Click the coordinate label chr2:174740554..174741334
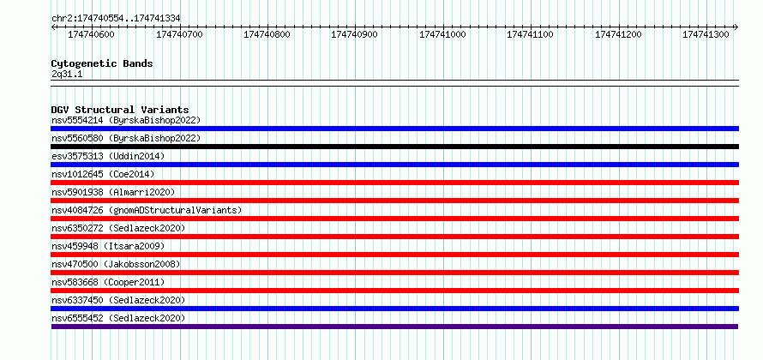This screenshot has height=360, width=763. point(116,19)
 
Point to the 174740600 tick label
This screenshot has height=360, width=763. point(91,34)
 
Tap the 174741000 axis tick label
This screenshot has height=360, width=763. point(442,34)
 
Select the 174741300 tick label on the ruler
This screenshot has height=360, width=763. point(706,34)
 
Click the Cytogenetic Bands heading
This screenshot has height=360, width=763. point(102,63)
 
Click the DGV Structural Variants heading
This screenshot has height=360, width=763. point(120,110)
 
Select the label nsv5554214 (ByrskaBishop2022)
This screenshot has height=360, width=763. point(126,120)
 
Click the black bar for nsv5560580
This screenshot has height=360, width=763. point(395,147)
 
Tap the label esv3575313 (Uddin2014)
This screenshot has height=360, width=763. point(108,156)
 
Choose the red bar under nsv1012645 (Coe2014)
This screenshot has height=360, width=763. point(395,183)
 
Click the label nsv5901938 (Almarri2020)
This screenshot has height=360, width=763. point(113,192)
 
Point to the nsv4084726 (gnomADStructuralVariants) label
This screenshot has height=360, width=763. point(147,210)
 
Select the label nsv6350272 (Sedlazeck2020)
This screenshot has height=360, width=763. point(118,228)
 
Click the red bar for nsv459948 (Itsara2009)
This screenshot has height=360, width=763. point(395,255)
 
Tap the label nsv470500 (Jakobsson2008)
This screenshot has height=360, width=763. point(116,264)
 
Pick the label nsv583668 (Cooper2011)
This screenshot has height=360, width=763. point(108,282)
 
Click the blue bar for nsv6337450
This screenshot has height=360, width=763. point(395,309)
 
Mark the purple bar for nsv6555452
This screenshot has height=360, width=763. point(394,327)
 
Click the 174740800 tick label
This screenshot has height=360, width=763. point(267,34)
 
